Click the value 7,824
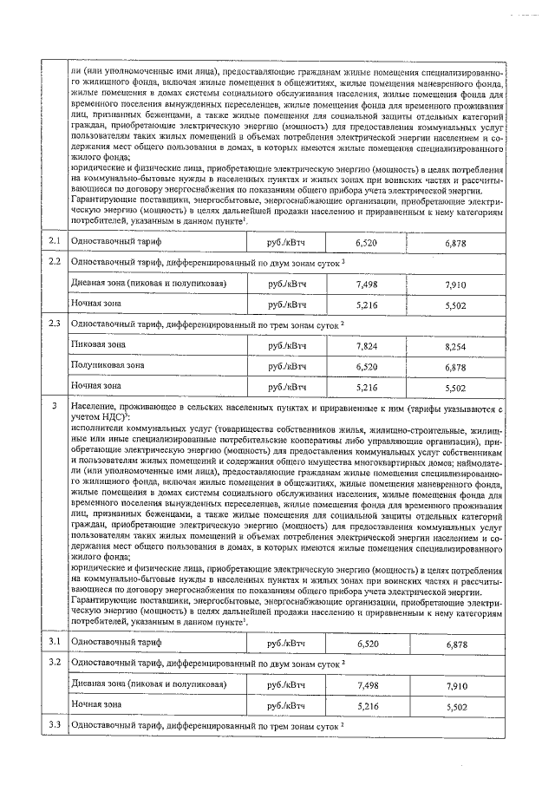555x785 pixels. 367,345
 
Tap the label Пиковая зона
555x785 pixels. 97,345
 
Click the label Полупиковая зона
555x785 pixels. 108,366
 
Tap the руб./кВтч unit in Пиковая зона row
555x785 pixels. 288,345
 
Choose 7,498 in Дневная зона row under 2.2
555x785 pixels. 367,284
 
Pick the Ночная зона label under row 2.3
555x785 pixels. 95,387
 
